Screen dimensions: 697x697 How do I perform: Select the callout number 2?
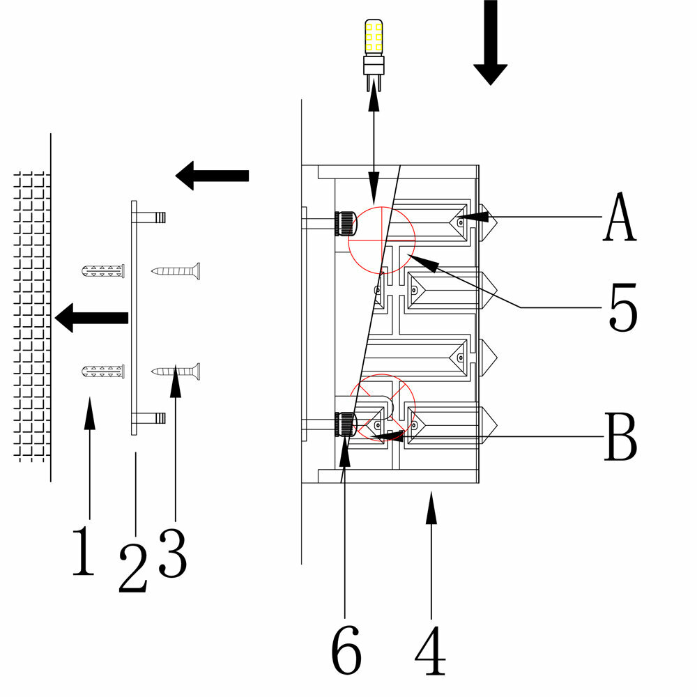(x=133, y=567)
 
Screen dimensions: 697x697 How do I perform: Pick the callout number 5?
(x=622, y=307)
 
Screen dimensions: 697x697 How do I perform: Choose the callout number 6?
(x=346, y=650)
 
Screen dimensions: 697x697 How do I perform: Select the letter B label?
(x=620, y=437)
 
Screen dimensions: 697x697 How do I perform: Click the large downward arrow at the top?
(x=491, y=42)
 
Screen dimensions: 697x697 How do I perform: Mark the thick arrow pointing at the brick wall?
(x=91, y=318)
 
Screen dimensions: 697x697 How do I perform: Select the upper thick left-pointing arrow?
(x=212, y=175)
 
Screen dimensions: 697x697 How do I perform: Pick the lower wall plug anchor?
(x=103, y=372)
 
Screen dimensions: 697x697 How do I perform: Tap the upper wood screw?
(x=176, y=270)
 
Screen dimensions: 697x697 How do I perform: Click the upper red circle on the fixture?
(x=381, y=238)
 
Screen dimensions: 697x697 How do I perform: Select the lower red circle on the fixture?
(x=382, y=408)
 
